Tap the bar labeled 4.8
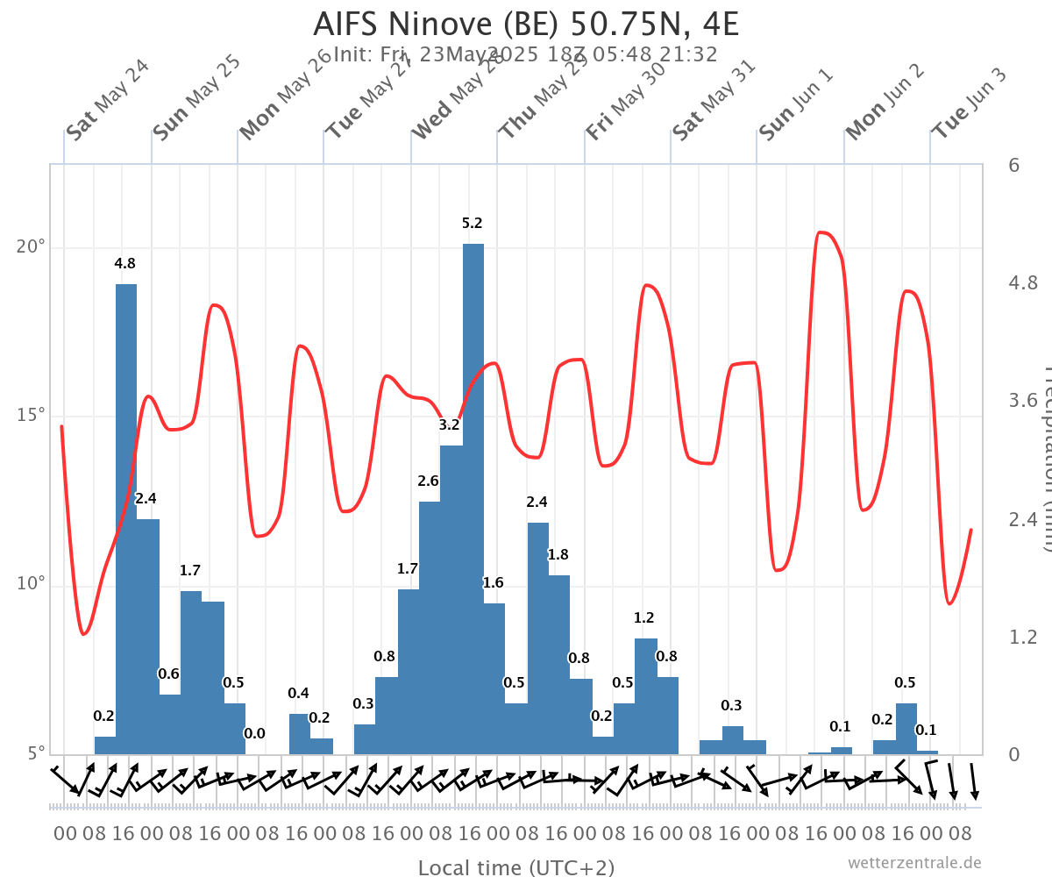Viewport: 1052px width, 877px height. click(126, 517)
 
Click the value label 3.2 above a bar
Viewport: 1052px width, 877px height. click(450, 425)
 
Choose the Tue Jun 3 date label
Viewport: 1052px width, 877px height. click(969, 103)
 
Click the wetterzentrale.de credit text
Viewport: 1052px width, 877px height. click(914, 863)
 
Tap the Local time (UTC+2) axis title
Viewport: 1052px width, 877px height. click(515, 867)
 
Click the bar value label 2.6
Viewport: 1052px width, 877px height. click(429, 481)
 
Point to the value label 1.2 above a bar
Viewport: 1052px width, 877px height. click(644, 618)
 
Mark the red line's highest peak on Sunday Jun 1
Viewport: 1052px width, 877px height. click(821, 232)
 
